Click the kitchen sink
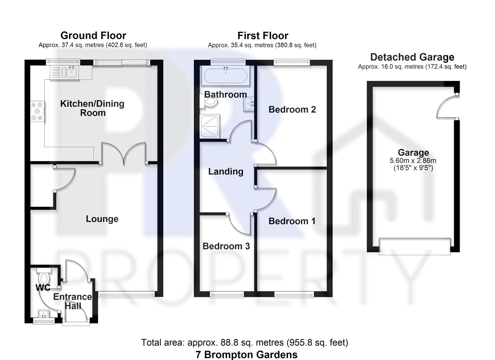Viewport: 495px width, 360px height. click(71, 72)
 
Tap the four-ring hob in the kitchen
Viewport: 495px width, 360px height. click(37, 111)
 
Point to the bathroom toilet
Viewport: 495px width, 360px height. click(210, 103)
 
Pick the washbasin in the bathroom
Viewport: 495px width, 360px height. click(249, 103)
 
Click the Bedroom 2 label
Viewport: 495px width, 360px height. click(292, 109)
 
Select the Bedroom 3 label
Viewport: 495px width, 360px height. click(226, 246)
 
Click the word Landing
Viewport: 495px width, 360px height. click(226, 171)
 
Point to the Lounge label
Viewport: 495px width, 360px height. click(102, 219)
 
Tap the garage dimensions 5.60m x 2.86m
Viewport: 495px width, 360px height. click(413, 161)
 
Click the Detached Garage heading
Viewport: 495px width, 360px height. click(412, 57)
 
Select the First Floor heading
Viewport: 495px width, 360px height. click(263, 35)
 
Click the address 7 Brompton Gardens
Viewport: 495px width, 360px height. click(247, 354)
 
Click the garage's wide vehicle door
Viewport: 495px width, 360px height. click(415, 246)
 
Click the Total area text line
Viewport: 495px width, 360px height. click(244, 342)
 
